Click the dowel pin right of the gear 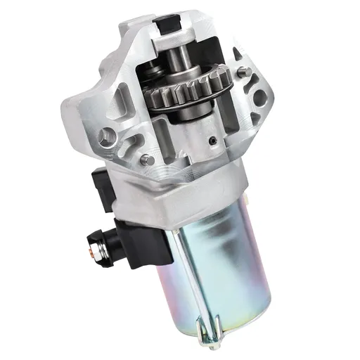coord(241,71)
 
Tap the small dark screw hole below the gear coord(211,141)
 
